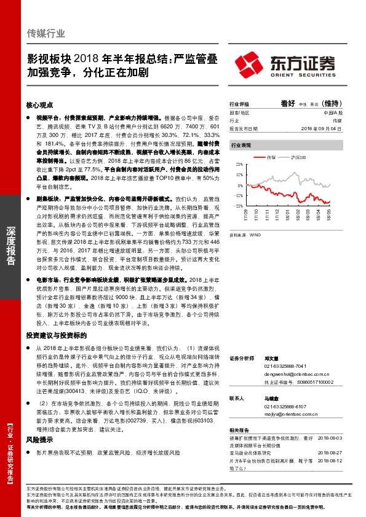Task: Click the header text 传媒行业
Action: click(47, 33)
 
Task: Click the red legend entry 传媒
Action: click(271, 158)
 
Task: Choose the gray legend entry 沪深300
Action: click(298, 158)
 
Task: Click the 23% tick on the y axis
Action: click(239, 165)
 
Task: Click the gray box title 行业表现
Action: click(241, 145)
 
